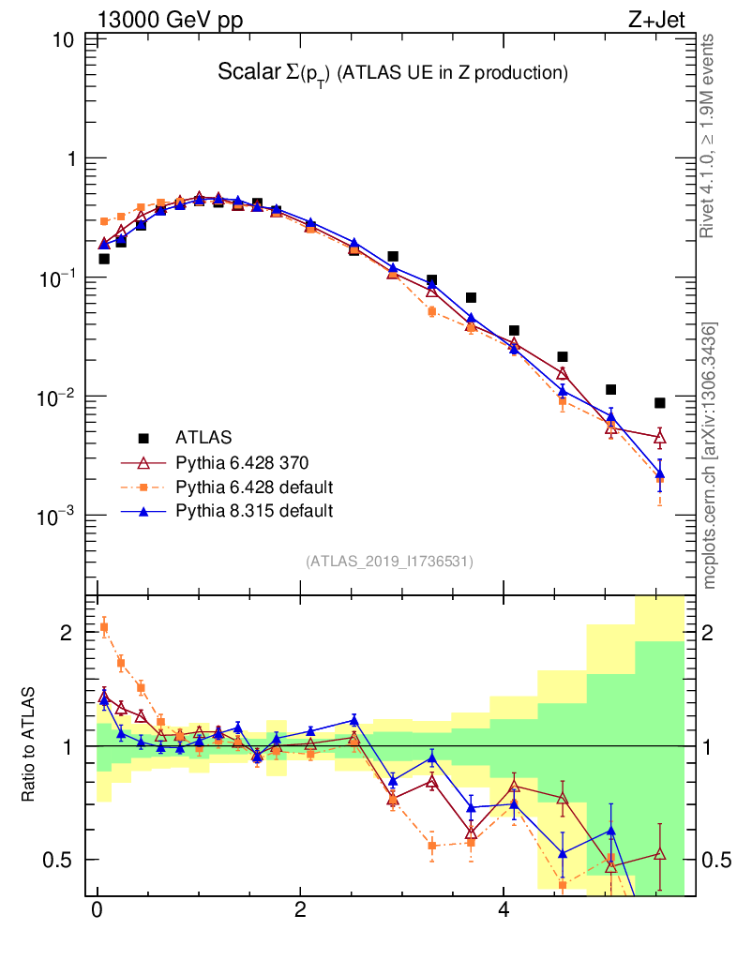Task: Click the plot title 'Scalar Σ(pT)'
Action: (x=271, y=72)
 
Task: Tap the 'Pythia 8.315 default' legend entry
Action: (x=254, y=511)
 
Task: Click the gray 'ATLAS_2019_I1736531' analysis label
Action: (x=389, y=562)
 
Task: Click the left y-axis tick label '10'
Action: (x=66, y=40)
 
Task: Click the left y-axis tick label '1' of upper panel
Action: (x=70, y=159)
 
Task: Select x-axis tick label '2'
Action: (x=300, y=911)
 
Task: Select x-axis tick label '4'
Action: (x=504, y=911)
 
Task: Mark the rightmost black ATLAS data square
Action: (x=660, y=403)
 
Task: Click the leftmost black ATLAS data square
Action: (x=104, y=259)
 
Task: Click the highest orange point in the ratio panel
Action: (x=104, y=627)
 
